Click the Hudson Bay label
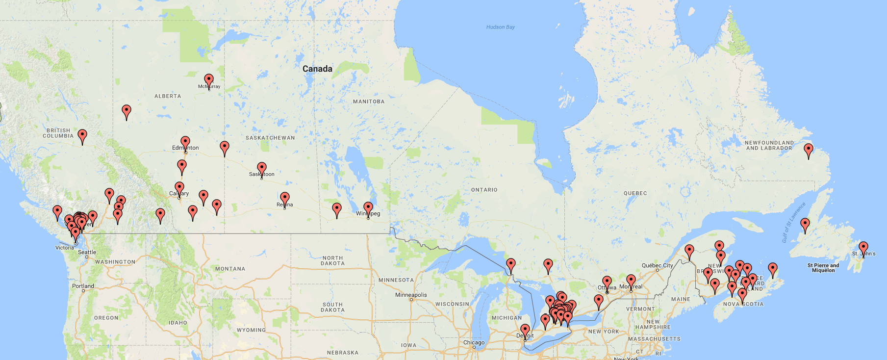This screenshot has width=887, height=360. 500,27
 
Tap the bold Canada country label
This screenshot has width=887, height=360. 317,69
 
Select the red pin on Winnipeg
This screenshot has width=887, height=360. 368,208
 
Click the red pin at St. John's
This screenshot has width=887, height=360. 863,248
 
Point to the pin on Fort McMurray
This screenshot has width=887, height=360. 209,80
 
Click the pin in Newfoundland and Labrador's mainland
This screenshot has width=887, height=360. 809,150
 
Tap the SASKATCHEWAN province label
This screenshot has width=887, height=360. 270,138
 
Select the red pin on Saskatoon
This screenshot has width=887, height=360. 262,168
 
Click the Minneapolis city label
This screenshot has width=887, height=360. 411,295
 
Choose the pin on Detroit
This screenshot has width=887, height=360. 525,330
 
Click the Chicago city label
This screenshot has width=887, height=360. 474,342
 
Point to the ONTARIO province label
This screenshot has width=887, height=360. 484,190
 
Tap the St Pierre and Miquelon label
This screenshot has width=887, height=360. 823,268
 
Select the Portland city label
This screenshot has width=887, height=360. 83,286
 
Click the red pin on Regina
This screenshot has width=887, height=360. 285,198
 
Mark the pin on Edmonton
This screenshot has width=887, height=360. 185,142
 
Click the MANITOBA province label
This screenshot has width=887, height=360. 369,102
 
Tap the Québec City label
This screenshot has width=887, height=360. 657,265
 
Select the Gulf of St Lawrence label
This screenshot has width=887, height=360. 793,222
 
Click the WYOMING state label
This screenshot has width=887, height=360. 251,330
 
